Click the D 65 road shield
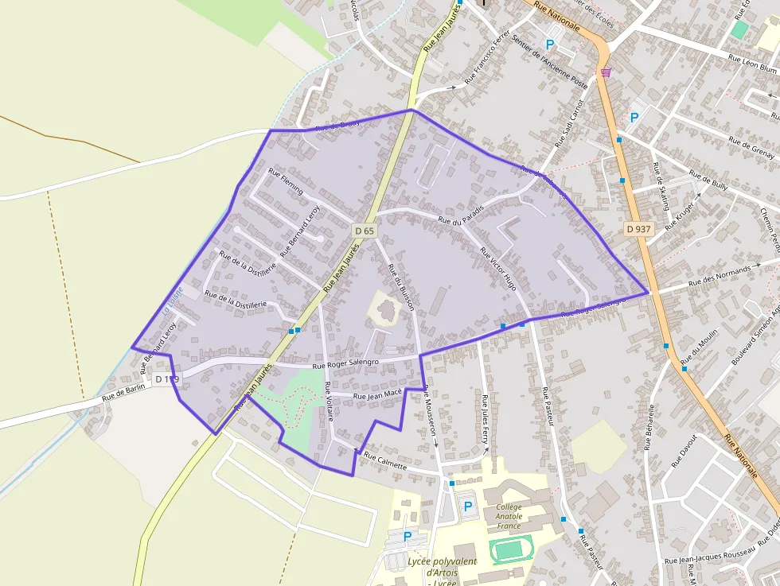pyautogui.click(x=364, y=231)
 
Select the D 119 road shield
pyautogui.click(x=168, y=379)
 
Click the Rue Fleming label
pyautogui.click(x=286, y=181)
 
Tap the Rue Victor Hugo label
pyautogui.click(x=499, y=267)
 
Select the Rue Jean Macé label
pyautogui.click(x=377, y=395)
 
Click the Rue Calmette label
pyautogui.click(x=385, y=461)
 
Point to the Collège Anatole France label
pyautogui.click(x=509, y=516)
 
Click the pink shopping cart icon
pyautogui.click(x=606, y=72)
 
